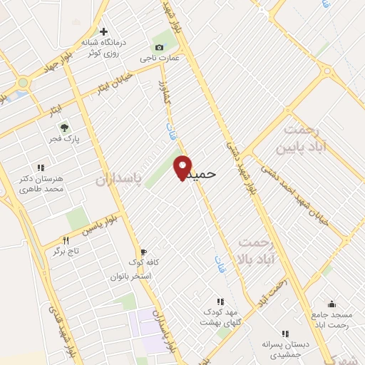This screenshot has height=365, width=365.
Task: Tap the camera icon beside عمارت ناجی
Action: [158, 47]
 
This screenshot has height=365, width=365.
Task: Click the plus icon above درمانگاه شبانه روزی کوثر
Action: [104, 31]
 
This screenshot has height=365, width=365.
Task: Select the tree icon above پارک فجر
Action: [64, 128]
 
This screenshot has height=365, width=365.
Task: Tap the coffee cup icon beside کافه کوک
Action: [143, 252]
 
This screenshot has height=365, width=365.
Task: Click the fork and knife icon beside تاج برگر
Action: [66, 240]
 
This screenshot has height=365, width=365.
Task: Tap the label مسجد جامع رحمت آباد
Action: [331, 320]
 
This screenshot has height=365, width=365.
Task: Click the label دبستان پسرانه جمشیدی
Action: [285, 349]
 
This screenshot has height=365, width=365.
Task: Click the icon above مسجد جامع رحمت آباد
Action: [331, 304]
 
